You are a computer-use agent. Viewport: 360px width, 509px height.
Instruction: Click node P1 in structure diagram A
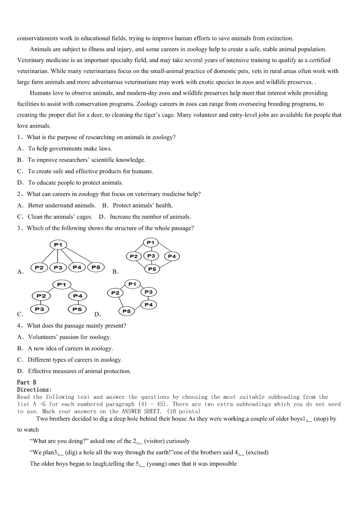pos(58,245)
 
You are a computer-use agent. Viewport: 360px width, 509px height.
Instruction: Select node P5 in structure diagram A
pos(96,267)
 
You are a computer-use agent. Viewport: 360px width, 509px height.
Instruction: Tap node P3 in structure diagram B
pos(151,256)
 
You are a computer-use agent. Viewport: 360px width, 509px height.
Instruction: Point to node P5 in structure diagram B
pos(152,269)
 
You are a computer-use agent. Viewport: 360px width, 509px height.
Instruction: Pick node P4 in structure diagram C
pos(78,296)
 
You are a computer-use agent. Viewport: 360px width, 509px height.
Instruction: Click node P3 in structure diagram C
pos(39,309)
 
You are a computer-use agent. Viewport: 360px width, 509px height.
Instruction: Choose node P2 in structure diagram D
pos(115,293)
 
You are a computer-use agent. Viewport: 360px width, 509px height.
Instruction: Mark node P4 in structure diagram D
pos(149,305)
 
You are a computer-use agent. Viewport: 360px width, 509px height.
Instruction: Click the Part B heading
pos(27,383)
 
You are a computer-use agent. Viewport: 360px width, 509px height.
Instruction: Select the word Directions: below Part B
pos(34,390)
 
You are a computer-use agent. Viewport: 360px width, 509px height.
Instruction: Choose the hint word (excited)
pos(257,452)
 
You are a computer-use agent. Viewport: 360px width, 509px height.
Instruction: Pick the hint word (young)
pos(157,464)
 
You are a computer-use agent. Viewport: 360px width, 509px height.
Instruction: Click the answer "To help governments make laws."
pos(70,149)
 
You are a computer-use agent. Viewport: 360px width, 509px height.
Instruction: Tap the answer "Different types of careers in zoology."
pos(75,360)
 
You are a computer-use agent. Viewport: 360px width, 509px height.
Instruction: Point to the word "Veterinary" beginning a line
pos(31,60)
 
